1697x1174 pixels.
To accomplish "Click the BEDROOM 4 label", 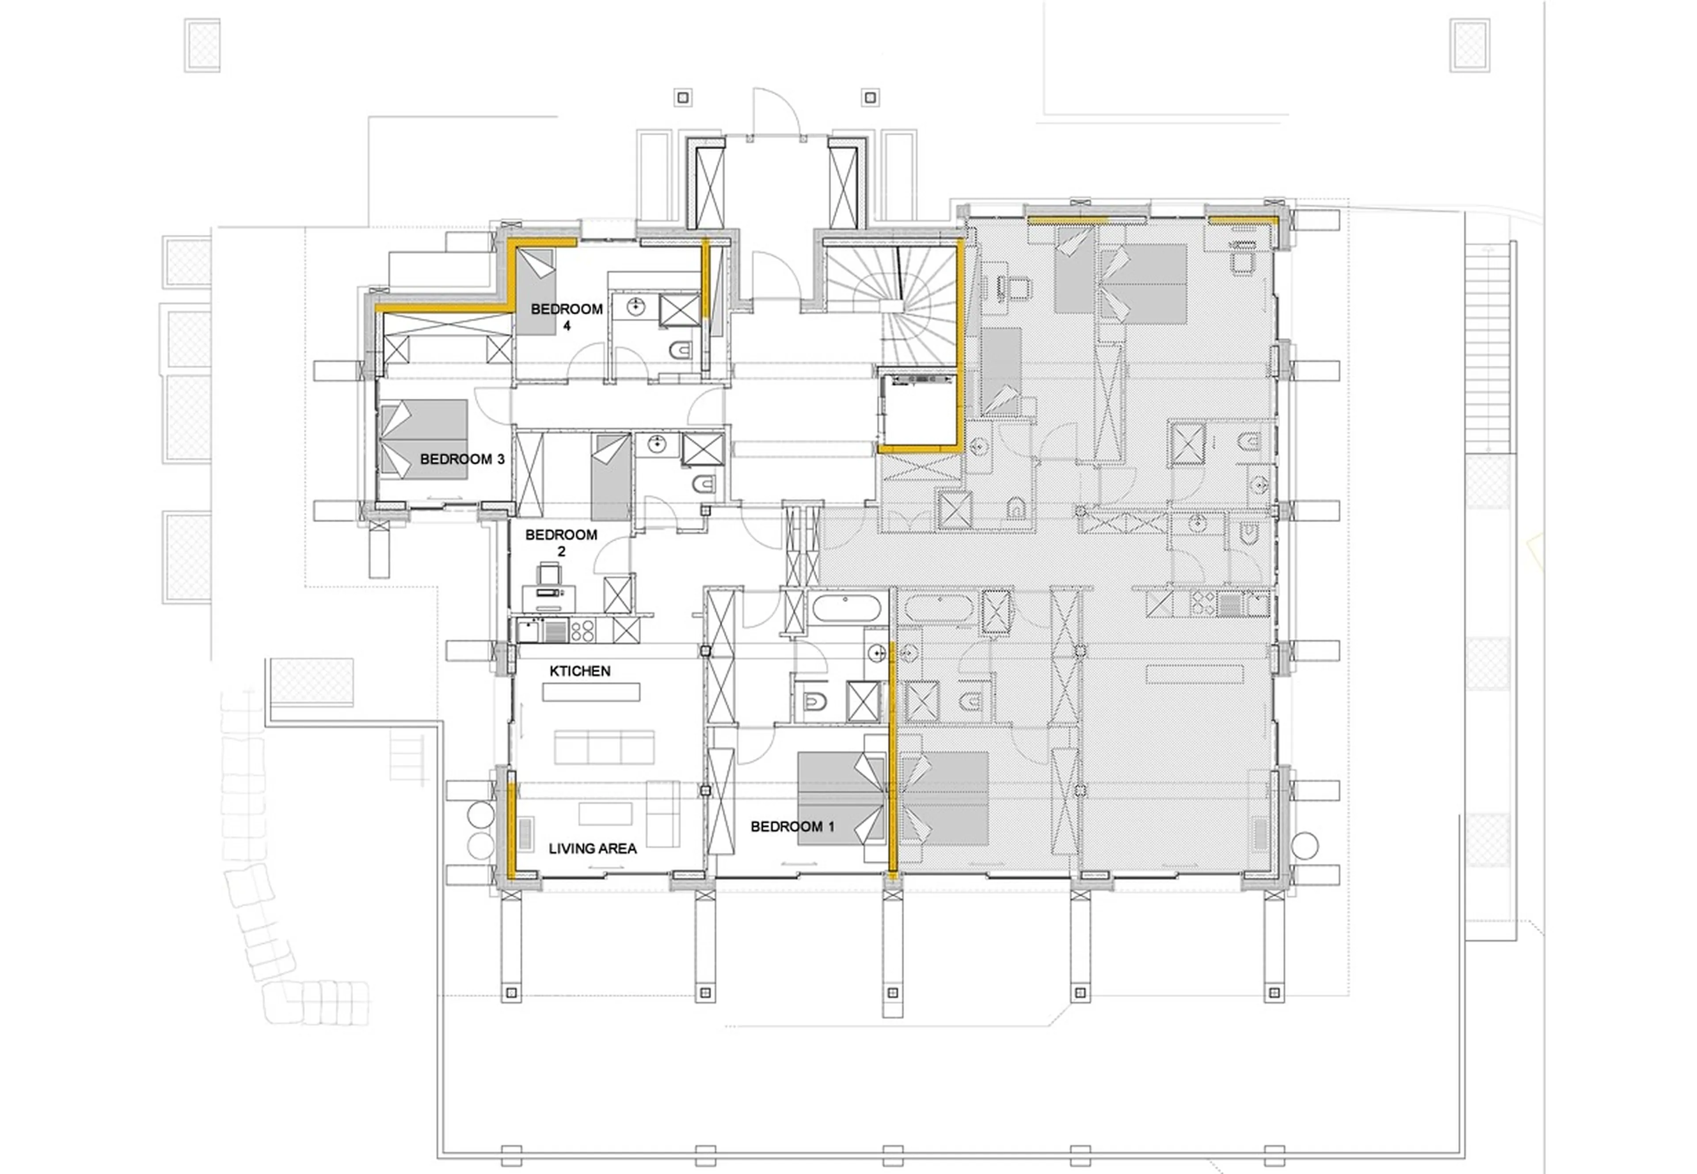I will (566, 316).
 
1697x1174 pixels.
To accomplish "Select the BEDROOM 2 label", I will (561, 542).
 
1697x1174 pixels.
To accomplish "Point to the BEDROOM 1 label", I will (792, 827).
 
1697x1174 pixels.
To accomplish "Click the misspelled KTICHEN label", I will (580, 671).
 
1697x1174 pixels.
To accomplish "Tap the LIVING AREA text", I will (593, 848).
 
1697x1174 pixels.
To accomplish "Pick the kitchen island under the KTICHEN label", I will (591, 691).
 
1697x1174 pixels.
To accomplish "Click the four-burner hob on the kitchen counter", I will (582, 630).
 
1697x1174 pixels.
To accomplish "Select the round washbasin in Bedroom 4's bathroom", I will (636, 307).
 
